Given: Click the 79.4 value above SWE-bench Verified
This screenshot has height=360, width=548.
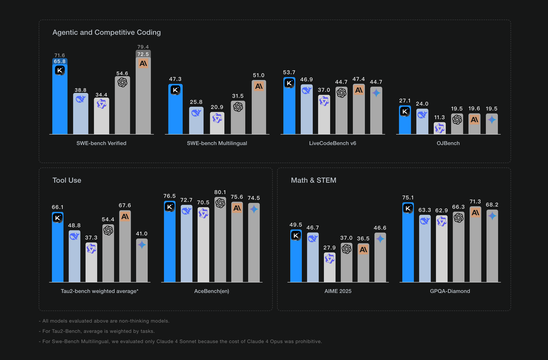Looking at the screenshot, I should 143,47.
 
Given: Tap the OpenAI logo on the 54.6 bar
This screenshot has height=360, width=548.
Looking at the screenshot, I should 122,82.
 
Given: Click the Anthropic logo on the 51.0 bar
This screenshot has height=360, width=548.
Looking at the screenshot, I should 259,86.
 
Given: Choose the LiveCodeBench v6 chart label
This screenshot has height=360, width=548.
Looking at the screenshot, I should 333,143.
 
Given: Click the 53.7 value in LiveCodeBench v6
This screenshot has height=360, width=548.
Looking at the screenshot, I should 289,72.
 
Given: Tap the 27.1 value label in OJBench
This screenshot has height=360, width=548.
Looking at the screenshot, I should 405,101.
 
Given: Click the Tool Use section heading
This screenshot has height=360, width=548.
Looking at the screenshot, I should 67,180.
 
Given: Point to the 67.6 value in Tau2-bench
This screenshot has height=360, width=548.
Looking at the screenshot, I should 125,205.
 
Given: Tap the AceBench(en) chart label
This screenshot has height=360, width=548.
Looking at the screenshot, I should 212,291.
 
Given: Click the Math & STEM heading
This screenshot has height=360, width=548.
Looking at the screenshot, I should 314,180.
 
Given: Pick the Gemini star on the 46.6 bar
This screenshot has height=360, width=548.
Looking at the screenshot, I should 380,239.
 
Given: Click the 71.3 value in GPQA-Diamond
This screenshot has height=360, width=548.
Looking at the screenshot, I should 475,202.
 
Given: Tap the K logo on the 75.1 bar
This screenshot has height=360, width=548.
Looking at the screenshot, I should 408,209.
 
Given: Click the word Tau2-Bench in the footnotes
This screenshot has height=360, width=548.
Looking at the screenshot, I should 65,331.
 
